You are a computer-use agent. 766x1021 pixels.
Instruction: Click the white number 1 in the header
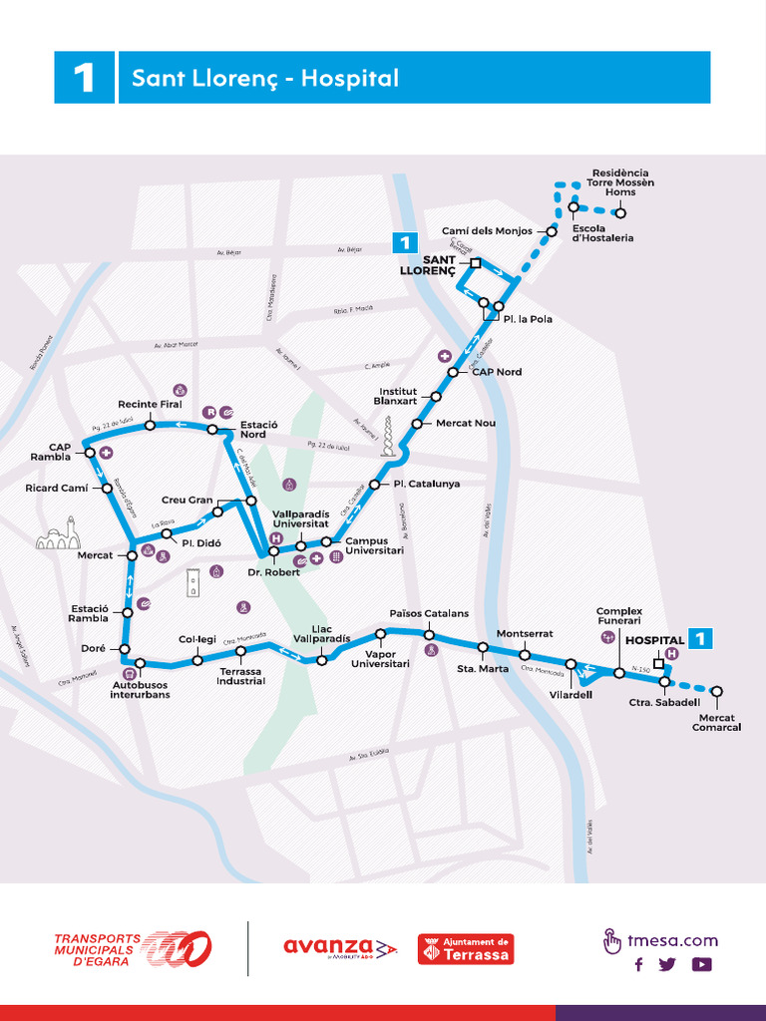(x=84, y=78)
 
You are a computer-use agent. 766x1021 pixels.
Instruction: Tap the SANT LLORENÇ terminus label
(x=428, y=265)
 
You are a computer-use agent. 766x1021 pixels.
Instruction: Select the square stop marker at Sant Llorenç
(x=476, y=263)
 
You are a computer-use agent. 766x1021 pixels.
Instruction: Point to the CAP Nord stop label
(x=497, y=372)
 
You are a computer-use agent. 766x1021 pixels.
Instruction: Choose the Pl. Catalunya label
(x=427, y=484)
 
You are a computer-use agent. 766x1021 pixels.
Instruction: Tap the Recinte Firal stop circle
(x=150, y=425)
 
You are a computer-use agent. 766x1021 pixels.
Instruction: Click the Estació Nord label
(x=253, y=430)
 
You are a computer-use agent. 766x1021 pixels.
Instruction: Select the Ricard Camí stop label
(x=56, y=489)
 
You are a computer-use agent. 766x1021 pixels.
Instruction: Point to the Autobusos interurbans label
(x=140, y=689)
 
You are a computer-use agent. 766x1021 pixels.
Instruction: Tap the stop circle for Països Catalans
(x=429, y=635)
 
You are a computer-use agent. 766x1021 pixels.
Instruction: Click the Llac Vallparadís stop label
(x=321, y=633)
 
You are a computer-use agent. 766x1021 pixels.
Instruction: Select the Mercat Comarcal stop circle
(x=716, y=691)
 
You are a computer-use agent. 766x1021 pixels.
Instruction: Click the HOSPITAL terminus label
(x=654, y=640)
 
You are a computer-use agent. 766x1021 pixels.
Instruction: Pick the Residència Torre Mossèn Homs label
(x=619, y=182)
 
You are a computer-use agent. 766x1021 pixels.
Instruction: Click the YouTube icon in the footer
(x=701, y=964)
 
